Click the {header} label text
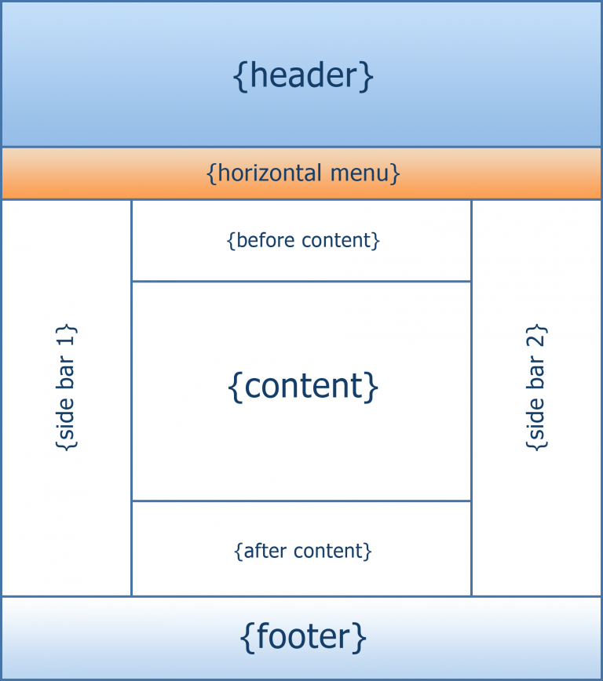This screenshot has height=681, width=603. [x=303, y=76]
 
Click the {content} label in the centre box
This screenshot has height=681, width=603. [x=303, y=386]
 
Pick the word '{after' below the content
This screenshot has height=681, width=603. [x=258, y=551]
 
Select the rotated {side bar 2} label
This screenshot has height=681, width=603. [x=535, y=387]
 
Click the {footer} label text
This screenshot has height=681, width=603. [x=303, y=637]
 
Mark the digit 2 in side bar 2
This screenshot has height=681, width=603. [x=535, y=335]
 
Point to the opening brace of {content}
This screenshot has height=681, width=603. [x=234, y=387]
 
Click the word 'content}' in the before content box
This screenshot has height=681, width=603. [x=338, y=240]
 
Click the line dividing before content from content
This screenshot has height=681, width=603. [x=301, y=281]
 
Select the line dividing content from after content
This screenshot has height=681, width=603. [x=301, y=501]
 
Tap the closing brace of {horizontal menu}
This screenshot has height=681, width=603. [x=396, y=173]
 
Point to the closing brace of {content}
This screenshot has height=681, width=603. [x=373, y=387]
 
